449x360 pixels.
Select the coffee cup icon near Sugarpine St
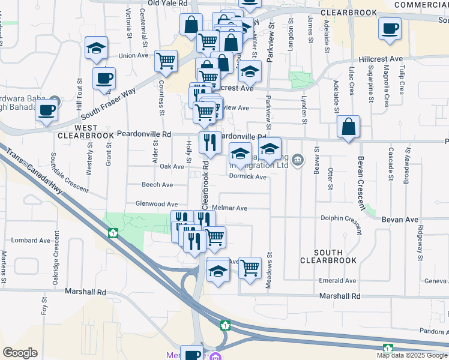(390, 28)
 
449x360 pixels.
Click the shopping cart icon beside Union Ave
(166, 61)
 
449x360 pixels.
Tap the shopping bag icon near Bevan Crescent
(348, 127)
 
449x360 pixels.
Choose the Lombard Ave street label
(28, 240)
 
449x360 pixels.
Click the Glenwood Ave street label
(157, 204)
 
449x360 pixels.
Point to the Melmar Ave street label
(234, 208)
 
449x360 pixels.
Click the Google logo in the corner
(20, 353)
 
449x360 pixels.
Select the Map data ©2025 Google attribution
(412, 355)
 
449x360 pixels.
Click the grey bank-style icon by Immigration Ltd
(299, 159)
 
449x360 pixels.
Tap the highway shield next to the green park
(112, 232)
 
